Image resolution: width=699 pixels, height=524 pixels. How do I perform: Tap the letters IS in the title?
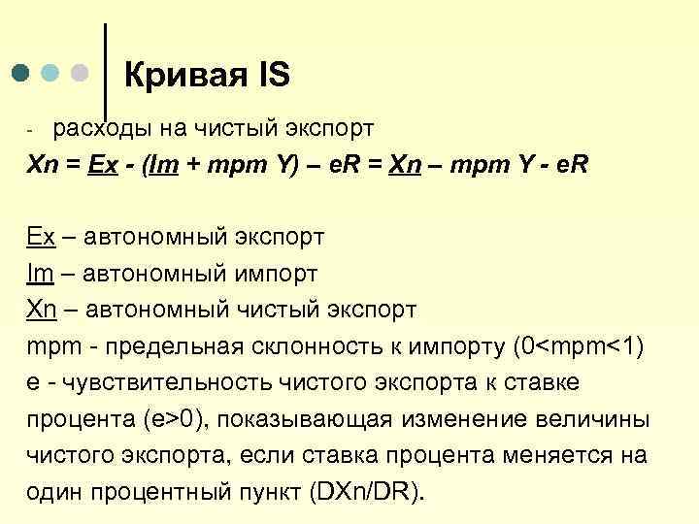coord(271,75)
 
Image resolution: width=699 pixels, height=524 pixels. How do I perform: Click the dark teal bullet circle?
coord(21,73)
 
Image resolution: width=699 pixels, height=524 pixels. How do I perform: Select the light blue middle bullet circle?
coord(50,73)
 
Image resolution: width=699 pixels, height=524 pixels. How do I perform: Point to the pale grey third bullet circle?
coord(81,73)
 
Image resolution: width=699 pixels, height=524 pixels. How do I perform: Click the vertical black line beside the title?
coord(105,68)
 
